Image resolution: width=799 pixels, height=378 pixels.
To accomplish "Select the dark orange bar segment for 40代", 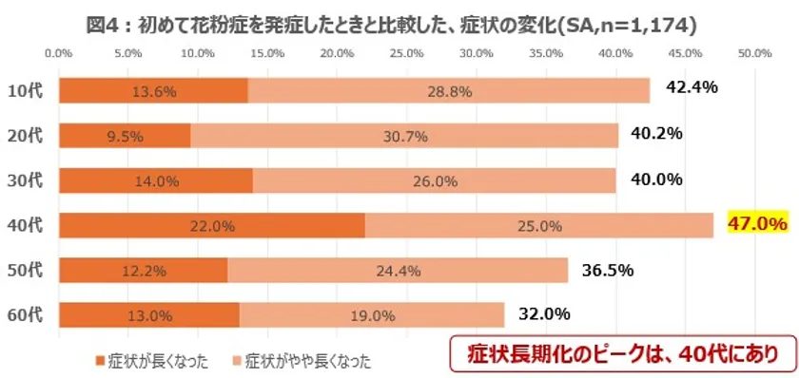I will tap(211, 225).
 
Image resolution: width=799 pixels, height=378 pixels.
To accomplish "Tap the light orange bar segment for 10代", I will tap(448, 90).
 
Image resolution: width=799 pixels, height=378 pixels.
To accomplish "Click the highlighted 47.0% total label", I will tap(757, 224).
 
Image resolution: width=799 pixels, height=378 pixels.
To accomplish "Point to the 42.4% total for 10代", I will tap(692, 88).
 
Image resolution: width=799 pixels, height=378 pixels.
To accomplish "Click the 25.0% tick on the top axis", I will tap(407, 54).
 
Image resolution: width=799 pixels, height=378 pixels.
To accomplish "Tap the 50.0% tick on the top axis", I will tap(754, 54).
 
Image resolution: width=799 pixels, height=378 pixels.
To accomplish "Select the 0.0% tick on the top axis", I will tap(59, 54).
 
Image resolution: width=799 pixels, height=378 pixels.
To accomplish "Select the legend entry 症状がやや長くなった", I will tap(300, 360).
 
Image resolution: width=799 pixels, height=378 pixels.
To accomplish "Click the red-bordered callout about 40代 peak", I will tap(621, 353).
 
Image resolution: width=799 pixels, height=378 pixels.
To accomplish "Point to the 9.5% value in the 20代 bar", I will tap(125, 136).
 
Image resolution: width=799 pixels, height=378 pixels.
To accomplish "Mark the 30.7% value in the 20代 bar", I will tap(404, 136).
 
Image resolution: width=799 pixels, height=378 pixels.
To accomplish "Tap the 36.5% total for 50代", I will tap(608, 269).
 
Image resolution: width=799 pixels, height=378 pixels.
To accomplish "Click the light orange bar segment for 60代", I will tap(372, 315).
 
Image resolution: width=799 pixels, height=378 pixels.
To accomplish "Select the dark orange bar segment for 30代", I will tap(155, 180).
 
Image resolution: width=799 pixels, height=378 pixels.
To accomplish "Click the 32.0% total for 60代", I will tap(544, 313).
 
